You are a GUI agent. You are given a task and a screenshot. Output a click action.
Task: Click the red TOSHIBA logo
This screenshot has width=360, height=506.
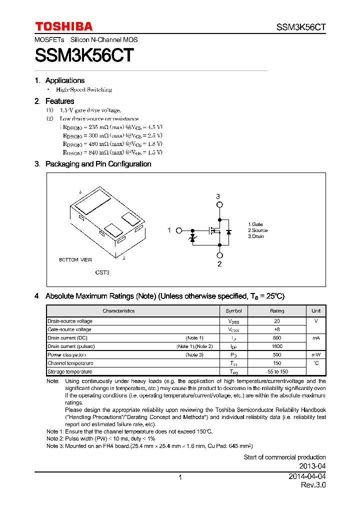[x=63, y=26]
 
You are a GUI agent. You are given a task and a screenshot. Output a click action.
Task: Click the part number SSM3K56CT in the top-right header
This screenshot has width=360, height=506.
[x=301, y=27]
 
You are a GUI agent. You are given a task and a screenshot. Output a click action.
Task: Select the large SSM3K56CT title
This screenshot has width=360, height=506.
[x=84, y=55]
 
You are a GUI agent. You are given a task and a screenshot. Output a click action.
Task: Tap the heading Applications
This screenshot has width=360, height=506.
[x=64, y=80]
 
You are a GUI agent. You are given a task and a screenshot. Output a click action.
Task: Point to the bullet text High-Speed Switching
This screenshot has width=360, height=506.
[x=84, y=89]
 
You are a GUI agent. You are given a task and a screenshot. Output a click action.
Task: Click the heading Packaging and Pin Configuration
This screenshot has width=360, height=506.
[x=98, y=164]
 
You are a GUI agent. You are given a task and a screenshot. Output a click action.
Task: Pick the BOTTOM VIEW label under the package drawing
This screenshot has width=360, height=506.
[x=75, y=260]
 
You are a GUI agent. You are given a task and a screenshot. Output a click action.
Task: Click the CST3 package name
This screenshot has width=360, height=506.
[x=102, y=272]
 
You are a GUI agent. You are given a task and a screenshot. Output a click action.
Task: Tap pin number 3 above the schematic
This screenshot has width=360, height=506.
[x=218, y=196]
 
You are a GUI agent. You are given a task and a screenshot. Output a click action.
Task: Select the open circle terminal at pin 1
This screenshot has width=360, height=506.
[x=179, y=230]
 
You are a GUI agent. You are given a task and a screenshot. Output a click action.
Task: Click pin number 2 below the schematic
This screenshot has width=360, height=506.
[x=219, y=264]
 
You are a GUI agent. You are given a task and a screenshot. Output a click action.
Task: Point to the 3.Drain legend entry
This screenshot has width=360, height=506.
[x=256, y=236]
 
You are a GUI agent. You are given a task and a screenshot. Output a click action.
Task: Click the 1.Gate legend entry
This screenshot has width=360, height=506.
[x=255, y=224]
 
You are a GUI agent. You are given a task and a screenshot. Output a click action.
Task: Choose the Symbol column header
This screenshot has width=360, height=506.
[x=233, y=311]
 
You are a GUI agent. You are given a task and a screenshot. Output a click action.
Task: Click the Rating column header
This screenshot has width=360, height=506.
[x=277, y=311]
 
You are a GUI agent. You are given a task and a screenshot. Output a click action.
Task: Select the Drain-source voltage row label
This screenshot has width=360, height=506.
[x=69, y=321]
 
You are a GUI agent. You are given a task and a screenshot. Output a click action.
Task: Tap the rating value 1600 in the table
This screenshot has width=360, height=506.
[x=277, y=346]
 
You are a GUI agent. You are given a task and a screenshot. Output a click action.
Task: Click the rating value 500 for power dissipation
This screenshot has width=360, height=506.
[x=277, y=355]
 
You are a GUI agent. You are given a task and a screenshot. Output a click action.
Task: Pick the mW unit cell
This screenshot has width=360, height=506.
[x=316, y=355]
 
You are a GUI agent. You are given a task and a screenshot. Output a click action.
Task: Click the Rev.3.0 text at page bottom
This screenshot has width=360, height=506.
[x=313, y=485]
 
